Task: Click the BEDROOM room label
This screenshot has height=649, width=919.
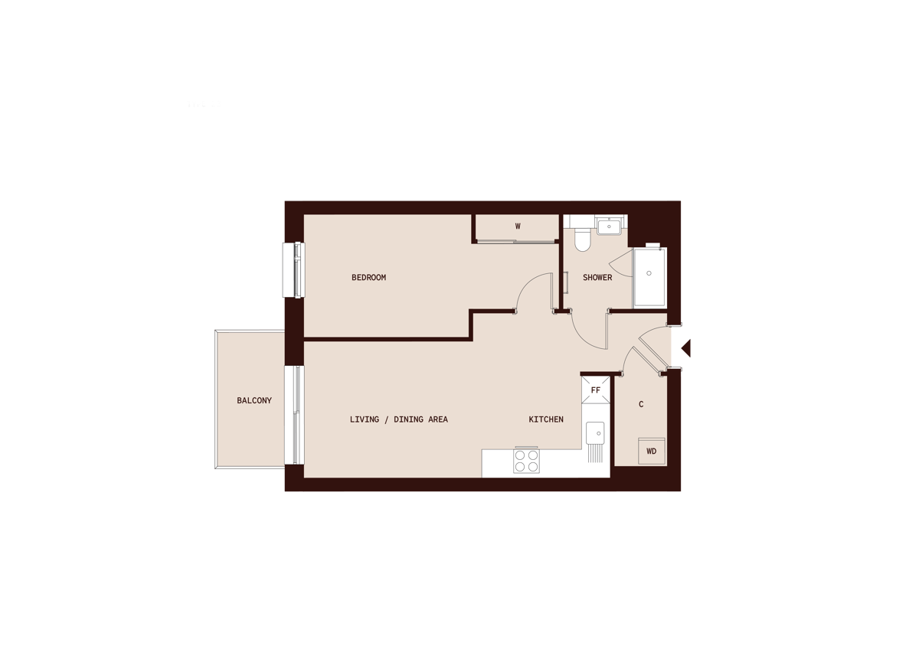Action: pos(368,278)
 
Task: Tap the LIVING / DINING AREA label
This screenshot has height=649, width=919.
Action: pos(398,419)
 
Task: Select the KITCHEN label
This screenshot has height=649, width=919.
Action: pos(546,419)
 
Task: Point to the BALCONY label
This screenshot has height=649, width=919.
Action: pos(254,401)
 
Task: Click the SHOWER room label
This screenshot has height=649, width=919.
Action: pos(597,278)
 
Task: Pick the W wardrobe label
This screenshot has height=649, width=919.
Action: pos(518,227)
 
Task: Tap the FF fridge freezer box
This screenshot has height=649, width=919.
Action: pos(596,390)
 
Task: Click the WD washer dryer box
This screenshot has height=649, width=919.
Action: pos(652,452)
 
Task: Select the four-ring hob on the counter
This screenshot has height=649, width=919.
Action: pos(526,461)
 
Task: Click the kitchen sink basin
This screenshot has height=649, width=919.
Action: pos(594,432)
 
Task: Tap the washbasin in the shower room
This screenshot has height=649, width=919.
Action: pos(610,226)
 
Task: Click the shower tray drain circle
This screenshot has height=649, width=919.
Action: pos(649,273)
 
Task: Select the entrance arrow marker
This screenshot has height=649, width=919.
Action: pos(686,348)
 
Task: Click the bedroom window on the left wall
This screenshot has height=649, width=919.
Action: pos(294,269)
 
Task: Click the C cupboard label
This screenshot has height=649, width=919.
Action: pos(640,404)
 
